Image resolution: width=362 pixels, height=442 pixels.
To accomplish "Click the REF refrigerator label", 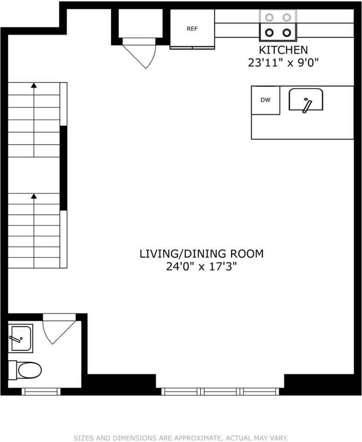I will (x=192, y=29).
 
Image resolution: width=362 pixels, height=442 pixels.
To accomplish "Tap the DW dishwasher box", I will (x=265, y=100).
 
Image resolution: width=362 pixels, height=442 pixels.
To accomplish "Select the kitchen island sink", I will (x=306, y=100).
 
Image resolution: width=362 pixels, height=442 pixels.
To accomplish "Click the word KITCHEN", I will (x=283, y=50).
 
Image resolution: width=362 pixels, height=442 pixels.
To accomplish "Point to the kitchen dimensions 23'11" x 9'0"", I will (x=283, y=63).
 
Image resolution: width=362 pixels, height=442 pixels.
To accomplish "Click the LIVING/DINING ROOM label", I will (x=201, y=253).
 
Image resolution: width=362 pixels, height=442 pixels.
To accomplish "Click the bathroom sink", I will (x=20, y=338).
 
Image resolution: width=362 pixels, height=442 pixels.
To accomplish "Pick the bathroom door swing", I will (x=57, y=329).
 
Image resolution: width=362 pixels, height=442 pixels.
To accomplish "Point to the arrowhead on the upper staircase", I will (x=34, y=85).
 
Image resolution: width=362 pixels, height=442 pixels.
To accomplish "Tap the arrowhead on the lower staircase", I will (x=34, y=197).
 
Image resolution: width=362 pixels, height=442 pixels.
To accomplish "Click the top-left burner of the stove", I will (x=270, y=17).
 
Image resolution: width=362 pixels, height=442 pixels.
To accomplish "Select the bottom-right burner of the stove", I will (x=287, y=32).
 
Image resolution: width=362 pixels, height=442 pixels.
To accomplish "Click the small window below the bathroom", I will (x=41, y=391).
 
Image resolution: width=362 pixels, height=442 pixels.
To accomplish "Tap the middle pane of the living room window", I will (x=222, y=391).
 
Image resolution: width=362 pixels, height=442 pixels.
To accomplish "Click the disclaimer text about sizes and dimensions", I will (x=181, y=438).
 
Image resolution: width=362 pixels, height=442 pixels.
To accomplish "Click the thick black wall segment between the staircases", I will (x=63, y=168).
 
